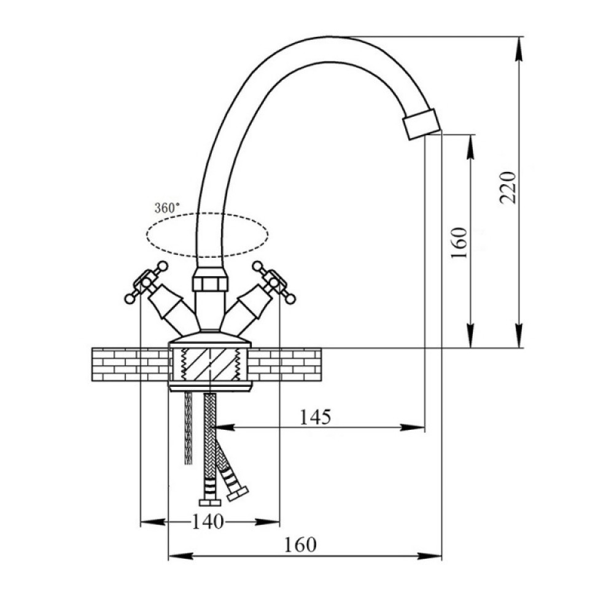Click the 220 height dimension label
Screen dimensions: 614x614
click(x=508, y=187)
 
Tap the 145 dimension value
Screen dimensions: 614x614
click(x=315, y=417)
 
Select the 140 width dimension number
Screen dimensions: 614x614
click(x=208, y=521)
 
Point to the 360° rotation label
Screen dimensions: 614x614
click(x=167, y=208)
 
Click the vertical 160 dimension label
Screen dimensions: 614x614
click(x=459, y=243)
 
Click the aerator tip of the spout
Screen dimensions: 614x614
click(x=421, y=123)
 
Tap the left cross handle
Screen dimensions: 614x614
click(x=146, y=282)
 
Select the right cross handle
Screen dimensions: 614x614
click(x=274, y=282)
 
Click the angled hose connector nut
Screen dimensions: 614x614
click(x=238, y=494)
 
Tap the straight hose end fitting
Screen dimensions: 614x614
click(x=210, y=503)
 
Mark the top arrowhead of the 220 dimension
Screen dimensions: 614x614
click(x=519, y=49)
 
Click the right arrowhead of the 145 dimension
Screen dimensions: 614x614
click(x=413, y=427)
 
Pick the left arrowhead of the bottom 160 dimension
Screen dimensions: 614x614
click(x=181, y=555)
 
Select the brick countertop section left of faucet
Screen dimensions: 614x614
click(x=130, y=364)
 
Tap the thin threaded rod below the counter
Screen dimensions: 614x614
click(x=188, y=428)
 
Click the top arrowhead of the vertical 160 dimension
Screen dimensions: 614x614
click(x=470, y=147)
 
